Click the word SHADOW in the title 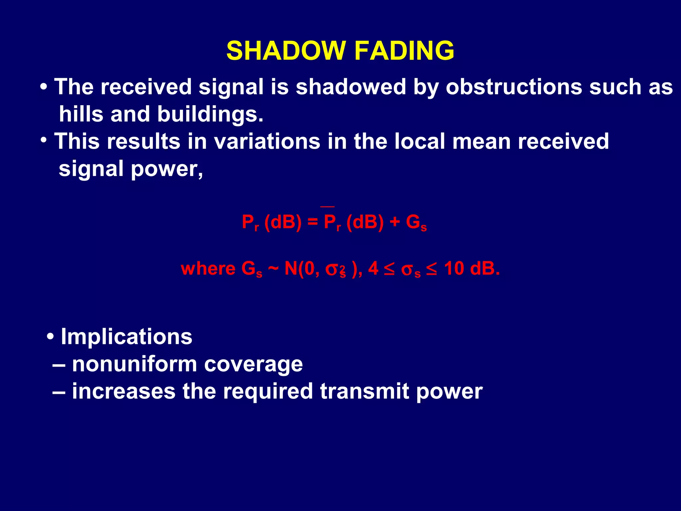tap(286, 51)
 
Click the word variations tap(267, 141)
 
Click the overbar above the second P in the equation tap(327, 207)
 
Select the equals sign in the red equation tap(313, 222)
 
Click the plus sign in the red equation tap(394, 222)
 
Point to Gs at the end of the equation tap(416, 223)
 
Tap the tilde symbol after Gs tap(273, 268)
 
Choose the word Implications tap(126, 337)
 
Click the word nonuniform tap(135, 364)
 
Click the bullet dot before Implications tap(50, 336)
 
